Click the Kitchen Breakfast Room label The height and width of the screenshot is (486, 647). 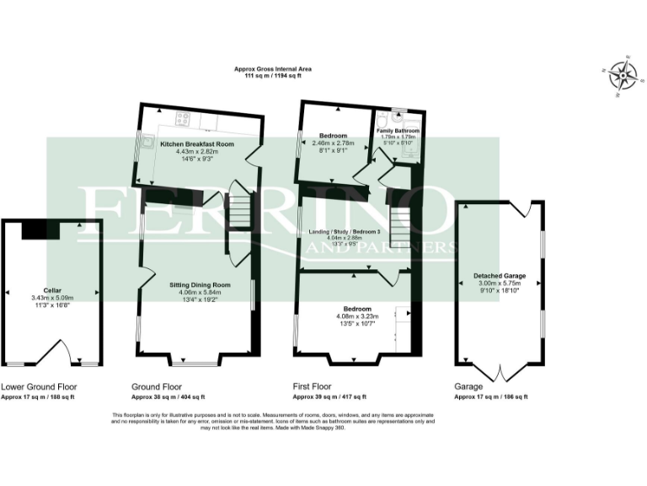(197, 144)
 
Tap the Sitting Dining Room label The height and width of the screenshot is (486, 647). (195, 285)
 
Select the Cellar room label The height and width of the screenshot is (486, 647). (52, 289)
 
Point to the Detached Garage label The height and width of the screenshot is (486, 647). (500, 275)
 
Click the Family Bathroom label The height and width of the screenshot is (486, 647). (397, 132)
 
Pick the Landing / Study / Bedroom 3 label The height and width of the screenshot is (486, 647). (350, 231)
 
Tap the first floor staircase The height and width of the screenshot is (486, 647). (399, 224)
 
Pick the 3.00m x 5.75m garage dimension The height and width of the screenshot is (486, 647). (500, 283)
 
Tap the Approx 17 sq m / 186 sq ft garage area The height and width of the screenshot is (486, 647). (490, 397)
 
